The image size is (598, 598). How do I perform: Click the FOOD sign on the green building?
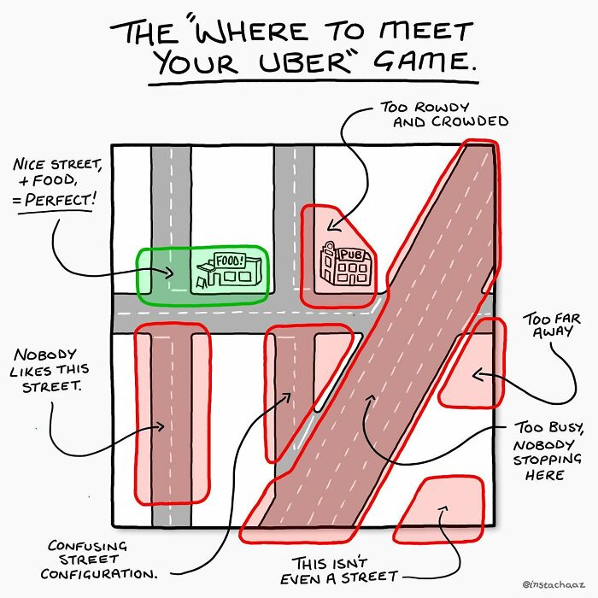(x=228, y=259)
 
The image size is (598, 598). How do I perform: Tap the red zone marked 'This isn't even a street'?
(x=440, y=510)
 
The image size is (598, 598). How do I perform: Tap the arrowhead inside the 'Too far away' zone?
(x=475, y=373)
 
